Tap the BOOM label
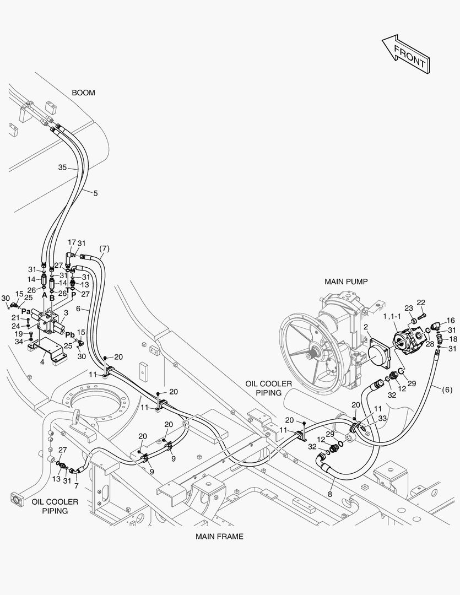click(83, 93)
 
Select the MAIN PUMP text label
click(346, 281)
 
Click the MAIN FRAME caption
click(219, 535)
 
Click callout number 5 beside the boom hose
click(95, 193)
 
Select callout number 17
click(72, 242)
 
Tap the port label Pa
click(25, 312)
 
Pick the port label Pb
click(70, 335)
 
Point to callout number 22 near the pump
click(421, 302)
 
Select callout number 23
click(408, 308)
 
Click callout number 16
click(451, 320)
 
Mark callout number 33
click(382, 418)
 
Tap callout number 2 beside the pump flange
click(364, 327)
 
